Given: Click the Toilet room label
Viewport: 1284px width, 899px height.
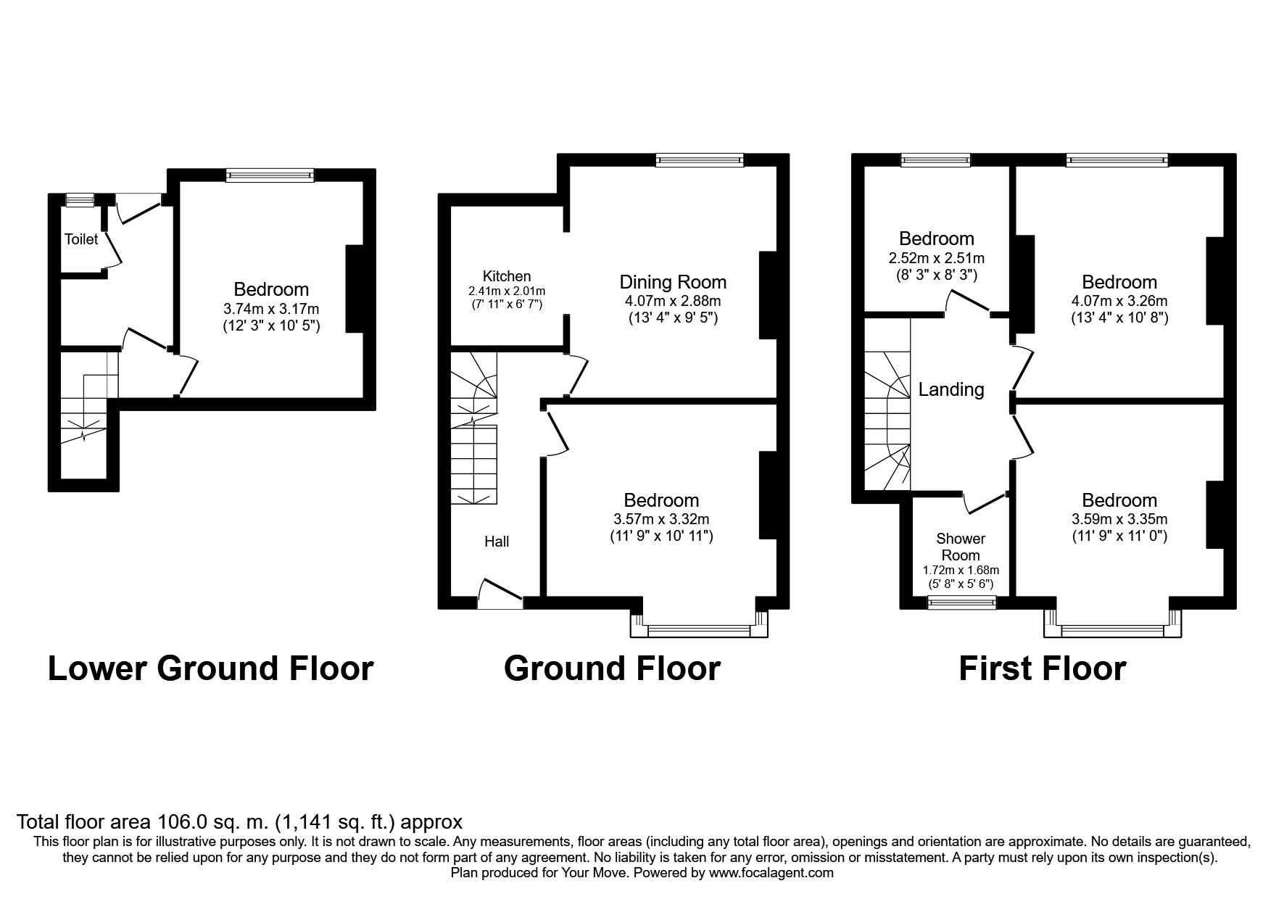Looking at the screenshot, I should pyautogui.click(x=81, y=239).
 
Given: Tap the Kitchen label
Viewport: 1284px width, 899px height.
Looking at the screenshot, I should pyautogui.click(x=507, y=276).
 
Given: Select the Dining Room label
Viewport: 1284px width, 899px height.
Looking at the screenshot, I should pyautogui.click(x=672, y=282).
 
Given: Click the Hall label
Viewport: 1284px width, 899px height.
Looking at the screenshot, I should pyautogui.click(x=497, y=542).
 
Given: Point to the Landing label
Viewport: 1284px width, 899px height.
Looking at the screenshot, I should pyautogui.click(x=951, y=390).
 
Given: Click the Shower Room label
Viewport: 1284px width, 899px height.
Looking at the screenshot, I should pyautogui.click(x=961, y=547).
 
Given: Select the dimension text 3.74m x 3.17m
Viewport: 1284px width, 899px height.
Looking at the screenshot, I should pyautogui.click(x=271, y=308).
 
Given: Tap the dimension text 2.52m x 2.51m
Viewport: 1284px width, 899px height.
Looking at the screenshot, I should pyautogui.click(x=936, y=257).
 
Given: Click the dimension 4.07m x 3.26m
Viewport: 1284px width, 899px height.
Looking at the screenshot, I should pyautogui.click(x=1119, y=301).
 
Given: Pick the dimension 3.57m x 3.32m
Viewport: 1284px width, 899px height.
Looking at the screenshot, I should pyautogui.click(x=661, y=519).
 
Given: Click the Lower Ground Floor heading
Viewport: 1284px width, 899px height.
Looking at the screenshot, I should pyautogui.click(x=210, y=668).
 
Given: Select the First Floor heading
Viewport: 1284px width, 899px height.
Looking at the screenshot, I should pyautogui.click(x=1042, y=668).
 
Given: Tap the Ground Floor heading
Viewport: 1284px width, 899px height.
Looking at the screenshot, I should pyautogui.click(x=612, y=668).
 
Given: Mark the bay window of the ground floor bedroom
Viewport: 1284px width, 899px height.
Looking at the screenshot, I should pyautogui.click(x=699, y=631).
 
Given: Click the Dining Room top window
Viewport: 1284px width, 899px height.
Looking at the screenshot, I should pyautogui.click(x=700, y=160).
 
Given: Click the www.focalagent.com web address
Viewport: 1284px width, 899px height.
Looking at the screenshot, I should pyautogui.click(x=771, y=873).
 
